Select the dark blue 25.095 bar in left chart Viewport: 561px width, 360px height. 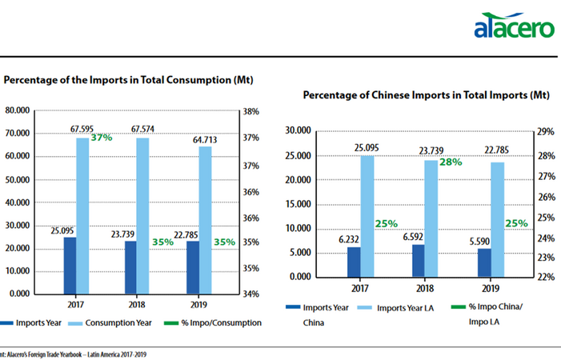[70, 265]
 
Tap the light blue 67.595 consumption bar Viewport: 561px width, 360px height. [82, 215]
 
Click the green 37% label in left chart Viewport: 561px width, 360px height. [101, 138]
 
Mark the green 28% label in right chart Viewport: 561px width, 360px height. [450, 162]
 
